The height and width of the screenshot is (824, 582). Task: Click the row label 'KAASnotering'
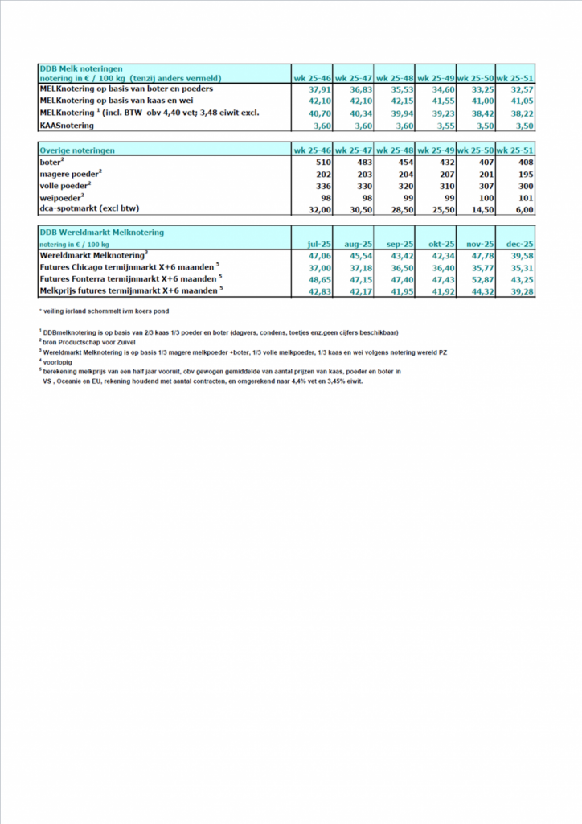(x=67, y=126)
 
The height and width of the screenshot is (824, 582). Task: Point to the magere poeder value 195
(x=525, y=174)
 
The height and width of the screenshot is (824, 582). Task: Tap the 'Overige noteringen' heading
(x=77, y=150)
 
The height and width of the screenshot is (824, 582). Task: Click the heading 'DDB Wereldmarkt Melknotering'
(x=101, y=232)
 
